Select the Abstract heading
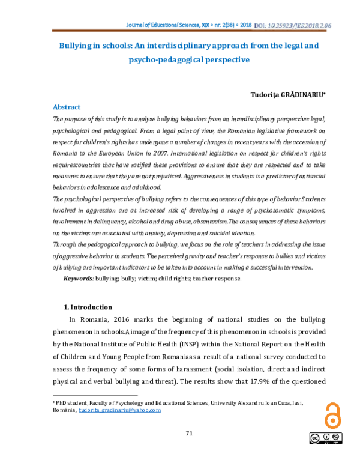point(67,107)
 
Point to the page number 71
point(188,434)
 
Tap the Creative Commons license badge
point(328,439)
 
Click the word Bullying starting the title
point(76,46)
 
